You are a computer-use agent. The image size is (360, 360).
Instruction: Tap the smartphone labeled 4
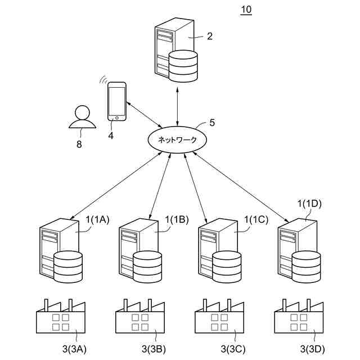point(116,102)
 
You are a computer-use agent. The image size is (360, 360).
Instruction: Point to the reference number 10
point(246,10)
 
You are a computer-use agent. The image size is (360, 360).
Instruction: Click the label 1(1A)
point(97,221)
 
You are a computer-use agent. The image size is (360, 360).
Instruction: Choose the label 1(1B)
point(177,221)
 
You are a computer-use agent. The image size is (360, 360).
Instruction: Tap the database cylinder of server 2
point(184,65)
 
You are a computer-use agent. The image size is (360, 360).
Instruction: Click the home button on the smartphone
point(116,118)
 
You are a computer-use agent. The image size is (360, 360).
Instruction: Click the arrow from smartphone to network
point(143,115)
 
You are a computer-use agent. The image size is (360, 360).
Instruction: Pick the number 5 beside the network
point(212,121)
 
